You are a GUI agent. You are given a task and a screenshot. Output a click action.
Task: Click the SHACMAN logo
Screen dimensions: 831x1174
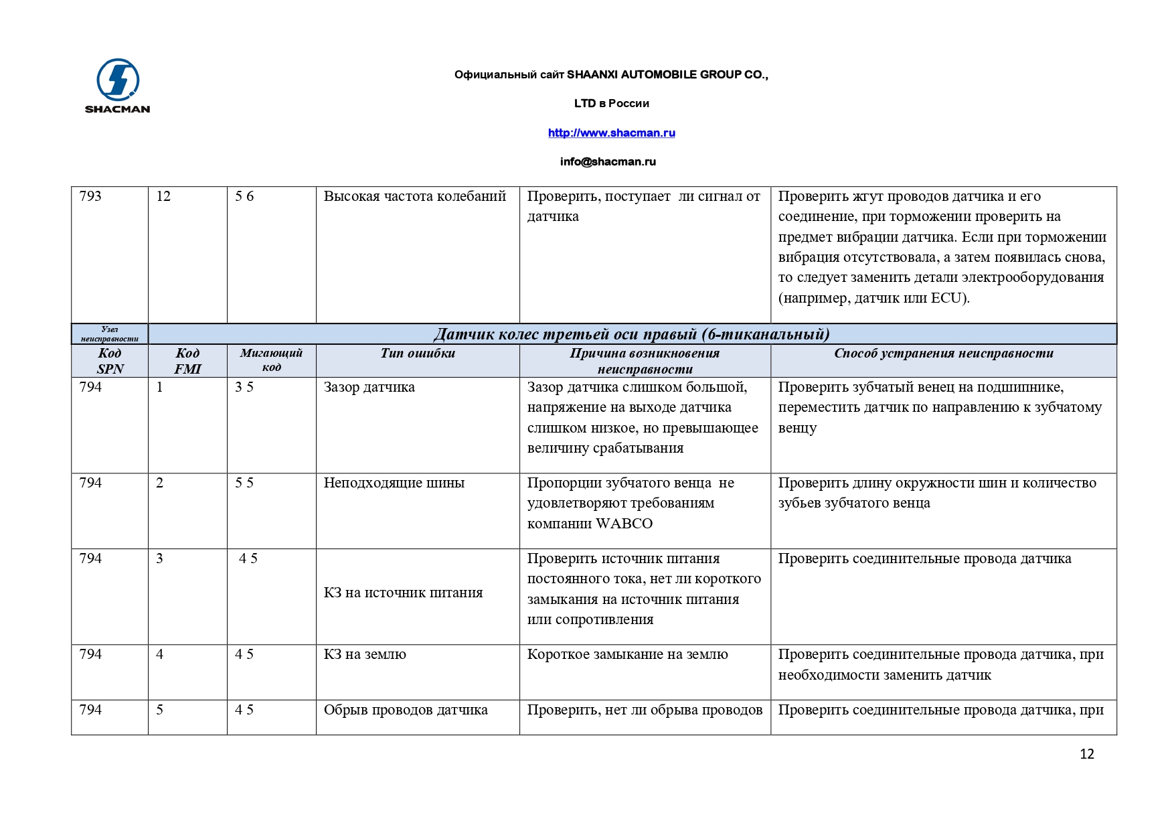(x=118, y=85)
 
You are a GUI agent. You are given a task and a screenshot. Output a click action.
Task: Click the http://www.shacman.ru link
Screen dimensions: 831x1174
(x=611, y=133)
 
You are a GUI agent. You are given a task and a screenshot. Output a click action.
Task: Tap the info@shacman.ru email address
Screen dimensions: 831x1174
(x=608, y=161)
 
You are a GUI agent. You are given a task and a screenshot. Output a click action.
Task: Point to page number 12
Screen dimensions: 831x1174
(x=1086, y=754)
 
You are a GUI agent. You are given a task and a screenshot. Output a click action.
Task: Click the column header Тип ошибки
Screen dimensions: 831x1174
(x=418, y=354)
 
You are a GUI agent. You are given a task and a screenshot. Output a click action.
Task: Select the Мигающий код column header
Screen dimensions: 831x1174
(x=271, y=360)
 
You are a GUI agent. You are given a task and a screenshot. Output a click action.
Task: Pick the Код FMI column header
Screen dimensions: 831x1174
(x=187, y=361)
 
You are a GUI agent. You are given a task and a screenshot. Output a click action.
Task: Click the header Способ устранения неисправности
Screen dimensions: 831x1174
(x=943, y=354)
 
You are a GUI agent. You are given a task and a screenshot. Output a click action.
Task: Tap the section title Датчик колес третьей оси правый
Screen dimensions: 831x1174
(x=631, y=334)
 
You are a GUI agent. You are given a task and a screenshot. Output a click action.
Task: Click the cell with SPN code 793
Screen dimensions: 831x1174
(x=90, y=196)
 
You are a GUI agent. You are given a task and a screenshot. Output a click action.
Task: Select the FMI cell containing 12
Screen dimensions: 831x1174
(x=163, y=196)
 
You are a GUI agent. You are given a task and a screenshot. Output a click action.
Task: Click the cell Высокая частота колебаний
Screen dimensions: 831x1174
(x=414, y=196)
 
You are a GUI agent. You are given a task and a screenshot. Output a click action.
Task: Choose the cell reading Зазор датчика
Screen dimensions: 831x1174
(x=369, y=387)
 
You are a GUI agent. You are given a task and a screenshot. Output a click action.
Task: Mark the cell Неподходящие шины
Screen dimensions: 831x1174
(x=394, y=483)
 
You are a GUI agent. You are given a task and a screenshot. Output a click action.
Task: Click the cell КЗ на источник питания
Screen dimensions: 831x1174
(x=403, y=593)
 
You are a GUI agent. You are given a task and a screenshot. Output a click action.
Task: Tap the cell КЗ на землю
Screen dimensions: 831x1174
(x=365, y=654)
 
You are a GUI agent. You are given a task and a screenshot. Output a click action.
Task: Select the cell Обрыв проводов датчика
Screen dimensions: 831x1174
(x=405, y=710)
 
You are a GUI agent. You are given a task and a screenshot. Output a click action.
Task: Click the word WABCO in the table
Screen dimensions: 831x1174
(x=624, y=524)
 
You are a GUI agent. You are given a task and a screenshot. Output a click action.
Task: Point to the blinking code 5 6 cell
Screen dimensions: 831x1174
(x=244, y=196)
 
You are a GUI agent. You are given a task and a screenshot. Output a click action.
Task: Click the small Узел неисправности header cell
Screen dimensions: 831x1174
(x=110, y=334)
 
